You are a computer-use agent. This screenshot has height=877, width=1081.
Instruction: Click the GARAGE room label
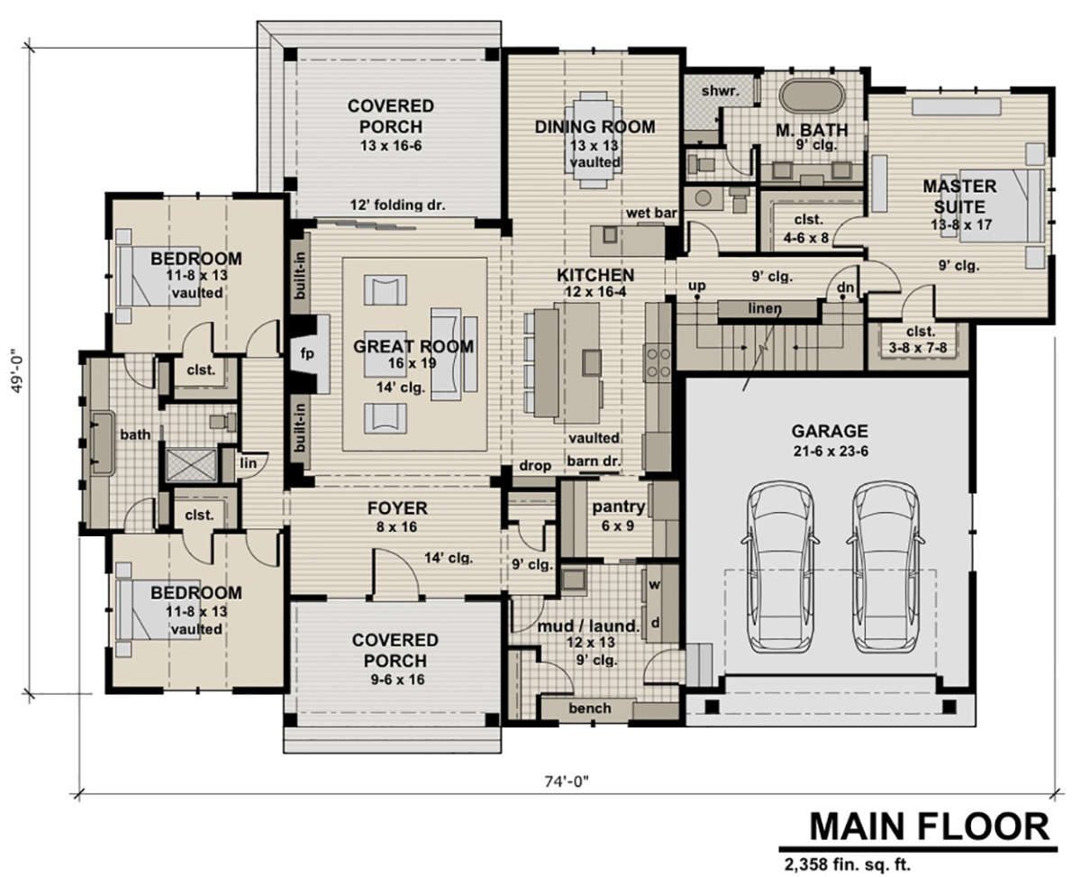coord(830,431)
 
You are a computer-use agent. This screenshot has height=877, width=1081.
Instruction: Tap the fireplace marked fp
coord(307,353)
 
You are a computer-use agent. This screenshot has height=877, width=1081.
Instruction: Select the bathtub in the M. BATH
coord(812,95)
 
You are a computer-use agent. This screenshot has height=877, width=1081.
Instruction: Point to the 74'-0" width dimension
coord(567,781)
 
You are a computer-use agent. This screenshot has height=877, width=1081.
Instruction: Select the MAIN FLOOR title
coord(930,827)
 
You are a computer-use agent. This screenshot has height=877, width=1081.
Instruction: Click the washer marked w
coord(654,585)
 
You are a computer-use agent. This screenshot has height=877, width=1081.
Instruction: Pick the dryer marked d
coord(654,622)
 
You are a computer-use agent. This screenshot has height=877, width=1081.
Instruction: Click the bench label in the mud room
coord(590,708)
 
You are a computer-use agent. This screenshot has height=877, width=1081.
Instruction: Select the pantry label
coord(619,507)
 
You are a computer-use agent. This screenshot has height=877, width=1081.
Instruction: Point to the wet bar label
coord(651,213)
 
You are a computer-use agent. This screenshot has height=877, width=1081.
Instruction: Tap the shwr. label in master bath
coord(720,91)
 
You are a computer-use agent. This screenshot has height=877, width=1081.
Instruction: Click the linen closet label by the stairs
coord(765,308)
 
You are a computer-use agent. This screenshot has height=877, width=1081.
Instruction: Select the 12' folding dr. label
coord(397,206)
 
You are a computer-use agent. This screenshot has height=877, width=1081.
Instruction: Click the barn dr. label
coord(594,461)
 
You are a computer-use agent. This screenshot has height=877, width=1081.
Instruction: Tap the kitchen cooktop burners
coord(658,362)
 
